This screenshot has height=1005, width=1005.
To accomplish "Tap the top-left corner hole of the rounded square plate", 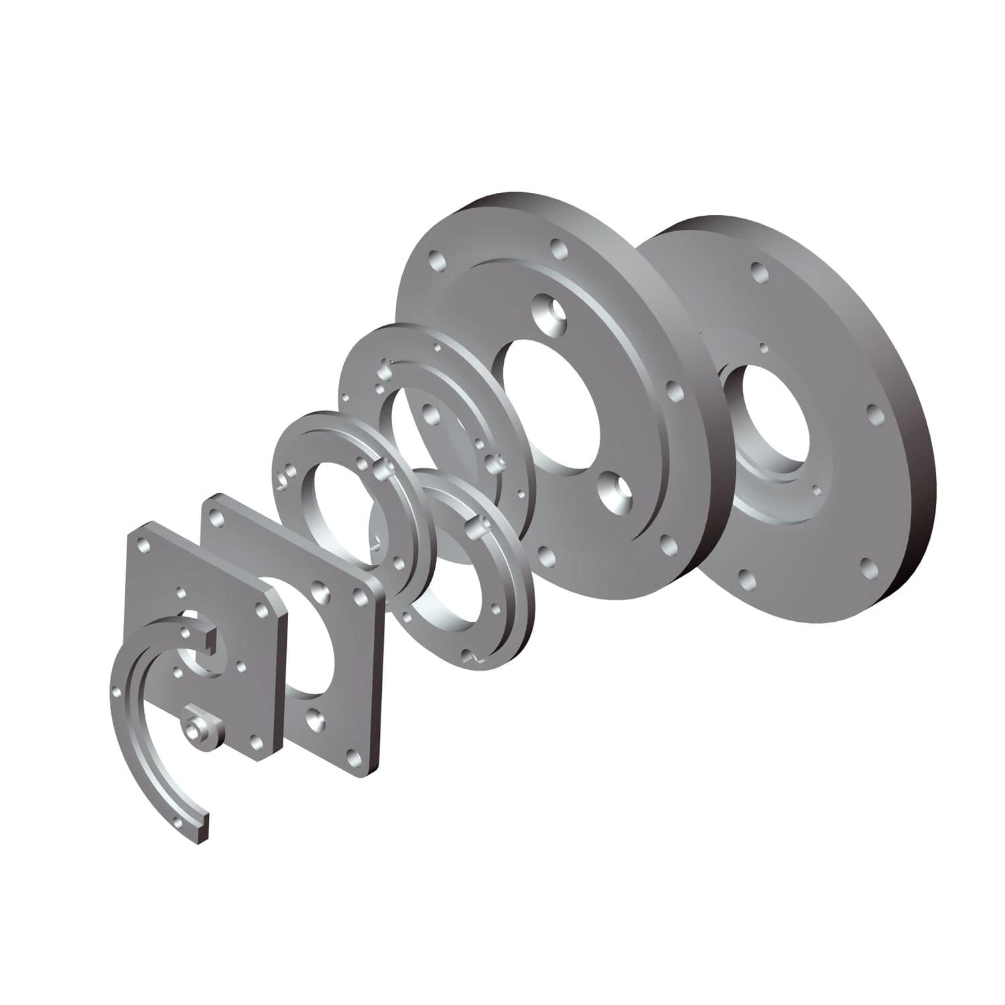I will tap(215, 518).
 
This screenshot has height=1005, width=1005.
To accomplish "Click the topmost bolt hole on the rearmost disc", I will tap(759, 271).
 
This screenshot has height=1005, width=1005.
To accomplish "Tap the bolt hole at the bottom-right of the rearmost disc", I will tap(868, 568).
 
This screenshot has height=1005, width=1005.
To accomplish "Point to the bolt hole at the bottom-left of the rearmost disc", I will tap(745, 576).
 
